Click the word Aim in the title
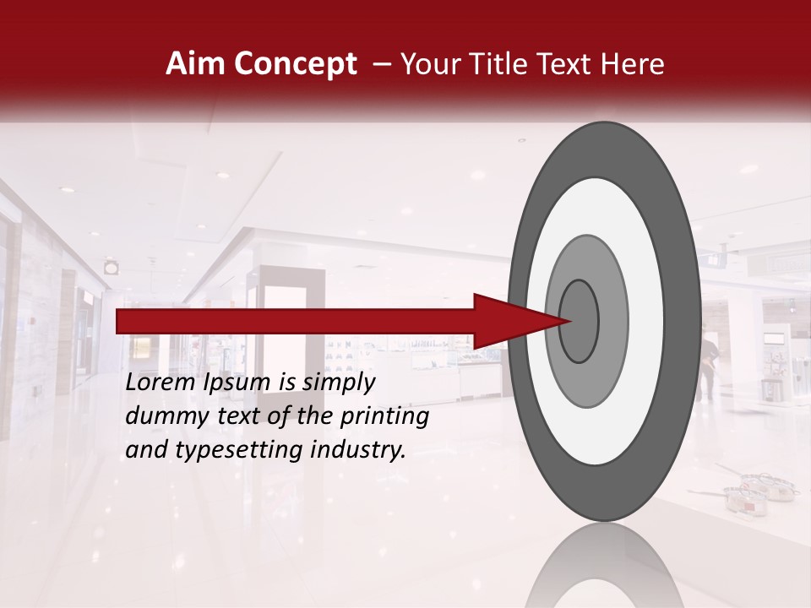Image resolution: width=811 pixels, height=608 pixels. point(193,64)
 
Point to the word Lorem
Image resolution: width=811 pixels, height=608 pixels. point(161,383)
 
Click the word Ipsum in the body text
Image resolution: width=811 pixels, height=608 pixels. point(237,383)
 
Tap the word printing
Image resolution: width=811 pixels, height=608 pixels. point(384,416)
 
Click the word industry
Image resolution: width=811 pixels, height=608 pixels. point(359,449)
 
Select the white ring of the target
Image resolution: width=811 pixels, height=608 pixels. point(646,321)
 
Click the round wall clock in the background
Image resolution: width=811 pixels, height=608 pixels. point(112,267)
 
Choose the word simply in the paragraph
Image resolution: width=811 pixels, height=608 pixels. point(338,383)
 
